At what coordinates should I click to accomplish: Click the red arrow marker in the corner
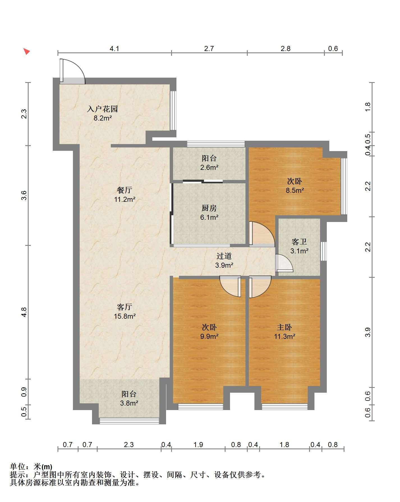click(26, 52)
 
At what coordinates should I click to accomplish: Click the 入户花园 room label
click(102, 109)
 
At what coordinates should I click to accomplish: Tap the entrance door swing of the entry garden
click(72, 71)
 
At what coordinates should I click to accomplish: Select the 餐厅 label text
click(125, 190)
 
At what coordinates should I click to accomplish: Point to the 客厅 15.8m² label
click(125, 312)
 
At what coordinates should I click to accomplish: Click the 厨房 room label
click(209, 208)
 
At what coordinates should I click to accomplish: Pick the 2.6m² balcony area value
click(209, 168)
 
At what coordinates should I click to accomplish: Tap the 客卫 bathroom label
click(299, 242)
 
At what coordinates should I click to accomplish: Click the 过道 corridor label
click(224, 256)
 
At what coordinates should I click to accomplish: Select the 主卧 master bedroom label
click(284, 327)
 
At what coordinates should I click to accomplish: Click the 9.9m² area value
click(209, 336)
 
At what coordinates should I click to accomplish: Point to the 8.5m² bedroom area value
click(295, 191)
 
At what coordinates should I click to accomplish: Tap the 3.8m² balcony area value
click(129, 403)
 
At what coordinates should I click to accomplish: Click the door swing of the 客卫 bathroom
click(284, 263)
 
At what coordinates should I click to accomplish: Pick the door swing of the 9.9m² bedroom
click(230, 286)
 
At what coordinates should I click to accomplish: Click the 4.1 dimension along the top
click(114, 48)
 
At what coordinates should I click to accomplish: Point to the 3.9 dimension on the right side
click(368, 332)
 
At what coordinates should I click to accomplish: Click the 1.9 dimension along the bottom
click(198, 445)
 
